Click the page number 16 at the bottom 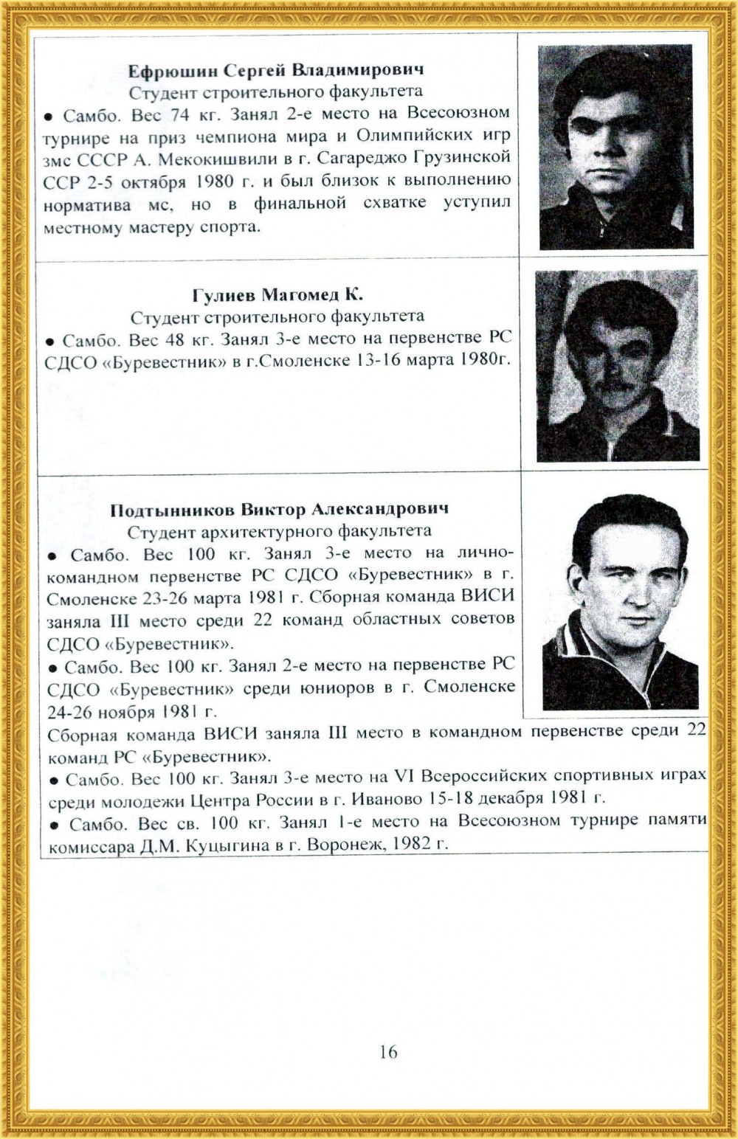388,1051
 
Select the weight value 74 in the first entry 180,115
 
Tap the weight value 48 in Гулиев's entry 179,341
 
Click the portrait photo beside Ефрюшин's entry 615,147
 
